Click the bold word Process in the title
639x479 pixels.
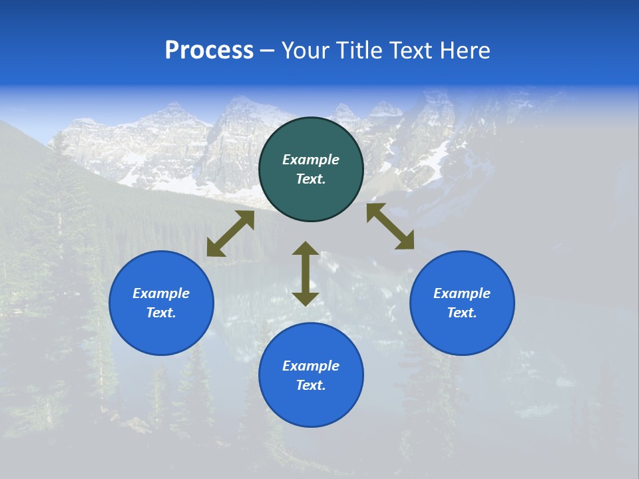(209, 51)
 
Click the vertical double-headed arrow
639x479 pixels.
(306, 273)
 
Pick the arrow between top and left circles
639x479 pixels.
(230, 234)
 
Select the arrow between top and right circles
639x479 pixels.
(390, 227)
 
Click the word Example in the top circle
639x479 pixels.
(311, 160)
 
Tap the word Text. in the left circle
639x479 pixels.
(161, 313)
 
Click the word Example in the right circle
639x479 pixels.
(462, 293)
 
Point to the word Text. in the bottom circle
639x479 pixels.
(311, 385)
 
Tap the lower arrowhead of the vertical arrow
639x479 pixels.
(306, 298)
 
